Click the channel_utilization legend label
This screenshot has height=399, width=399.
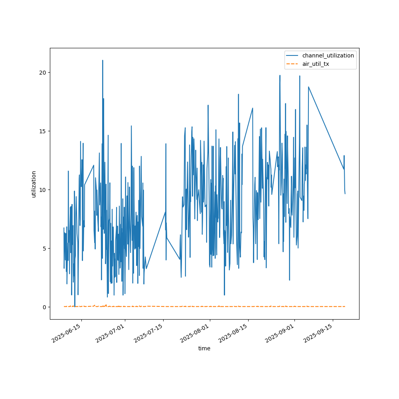pos(328,55)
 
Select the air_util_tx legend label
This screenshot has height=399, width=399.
pos(316,64)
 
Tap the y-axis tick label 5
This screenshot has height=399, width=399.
pos(44,248)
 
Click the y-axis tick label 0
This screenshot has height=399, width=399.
pos(44,307)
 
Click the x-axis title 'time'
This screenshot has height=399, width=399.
pos(204,348)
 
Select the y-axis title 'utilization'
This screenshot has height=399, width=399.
pos(34,184)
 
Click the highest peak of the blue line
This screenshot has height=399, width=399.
pos(103,60)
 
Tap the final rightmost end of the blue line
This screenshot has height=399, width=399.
pos(345,194)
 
